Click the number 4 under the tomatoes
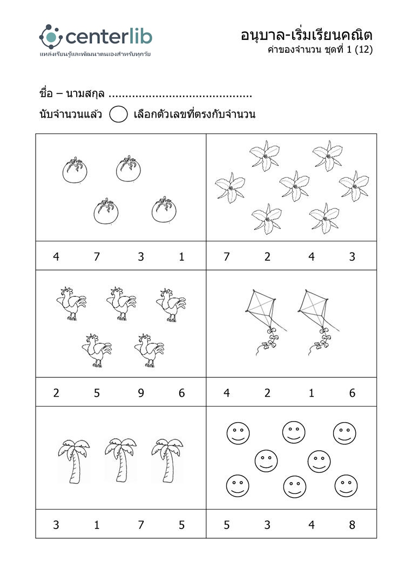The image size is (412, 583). (56, 257)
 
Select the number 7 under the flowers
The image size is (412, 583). (227, 257)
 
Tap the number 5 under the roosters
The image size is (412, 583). (97, 393)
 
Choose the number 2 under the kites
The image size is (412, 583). (267, 393)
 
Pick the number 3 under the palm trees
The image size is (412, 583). (56, 525)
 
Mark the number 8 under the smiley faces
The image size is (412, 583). (352, 525)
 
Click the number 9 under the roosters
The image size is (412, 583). (141, 393)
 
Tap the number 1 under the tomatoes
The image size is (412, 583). (181, 257)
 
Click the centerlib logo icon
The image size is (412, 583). (51, 37)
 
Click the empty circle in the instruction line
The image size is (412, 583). (118, 114)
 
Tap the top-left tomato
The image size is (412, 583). (75, 172)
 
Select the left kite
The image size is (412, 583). (262, 318)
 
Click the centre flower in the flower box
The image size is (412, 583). (294, 185)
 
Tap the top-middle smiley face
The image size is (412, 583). (294, 431)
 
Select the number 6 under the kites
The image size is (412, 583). (352, 393)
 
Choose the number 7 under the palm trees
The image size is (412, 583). (141, 525)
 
